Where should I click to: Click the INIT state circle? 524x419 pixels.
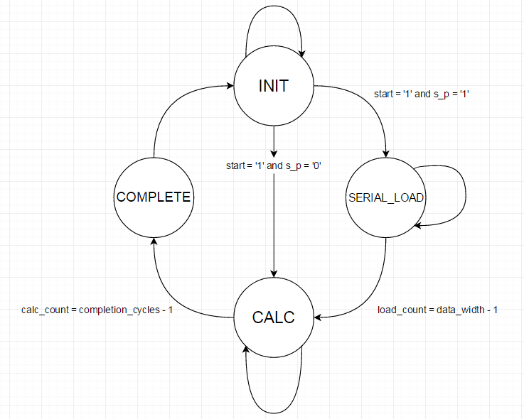coord(273,86)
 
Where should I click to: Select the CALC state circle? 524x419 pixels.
coord(273,317)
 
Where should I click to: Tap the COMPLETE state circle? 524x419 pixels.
coord(154,197)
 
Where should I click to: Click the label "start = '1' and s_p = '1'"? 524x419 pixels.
coord(422,94)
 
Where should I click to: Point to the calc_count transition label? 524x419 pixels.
coord(97,310)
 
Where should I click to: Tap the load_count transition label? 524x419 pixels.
coord(437,310)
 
